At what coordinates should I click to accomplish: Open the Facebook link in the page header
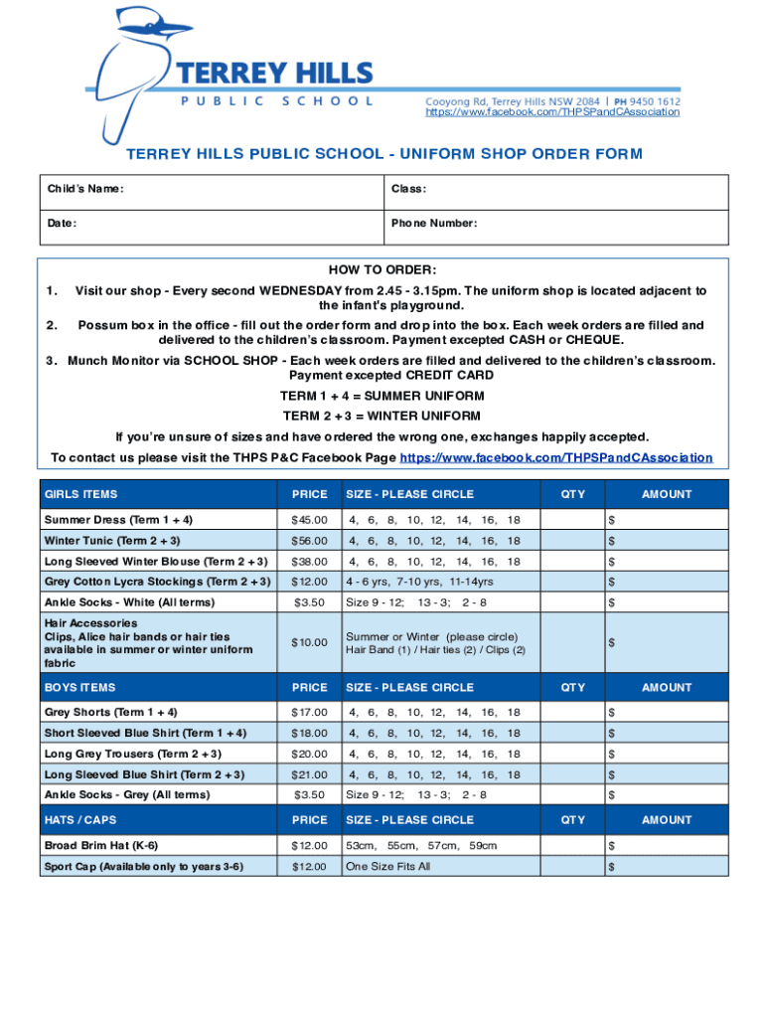click(x=552, y=112)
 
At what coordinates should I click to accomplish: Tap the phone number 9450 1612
click(x=653, y=100)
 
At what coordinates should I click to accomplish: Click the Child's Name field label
click(x=85, y=189)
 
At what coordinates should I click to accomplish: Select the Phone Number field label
click(x=434, y=224)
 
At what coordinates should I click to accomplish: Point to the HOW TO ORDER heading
click(x=382, y=270)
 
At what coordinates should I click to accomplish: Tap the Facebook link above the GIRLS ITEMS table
click(x=555, y=457)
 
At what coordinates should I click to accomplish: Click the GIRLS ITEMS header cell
click(x=80, y=494)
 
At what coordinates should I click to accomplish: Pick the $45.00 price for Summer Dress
click(x=309, y=520)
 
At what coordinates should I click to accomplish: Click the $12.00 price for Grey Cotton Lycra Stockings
click(x=309, y=582)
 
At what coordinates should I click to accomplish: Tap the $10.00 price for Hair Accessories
click(x=309, y=642)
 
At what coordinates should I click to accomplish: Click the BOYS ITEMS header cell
click(x=79, y=687)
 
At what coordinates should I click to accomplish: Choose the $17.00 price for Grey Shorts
click(x=309, y=713)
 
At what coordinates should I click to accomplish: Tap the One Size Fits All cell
click(x=388, y=867)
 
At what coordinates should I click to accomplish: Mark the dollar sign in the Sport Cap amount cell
click(x=612, y=867)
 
